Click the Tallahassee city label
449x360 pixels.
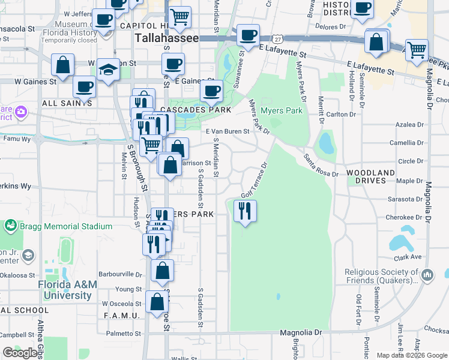167,38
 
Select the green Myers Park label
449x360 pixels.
282,111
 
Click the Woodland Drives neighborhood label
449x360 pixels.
371,176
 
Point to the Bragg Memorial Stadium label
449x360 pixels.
58,226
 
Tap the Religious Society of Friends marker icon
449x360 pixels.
427,276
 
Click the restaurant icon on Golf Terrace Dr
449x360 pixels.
244,211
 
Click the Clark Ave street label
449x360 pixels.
408,257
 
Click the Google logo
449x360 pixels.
20,353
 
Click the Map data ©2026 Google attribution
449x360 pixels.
411,355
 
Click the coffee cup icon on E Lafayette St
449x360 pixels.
248,34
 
